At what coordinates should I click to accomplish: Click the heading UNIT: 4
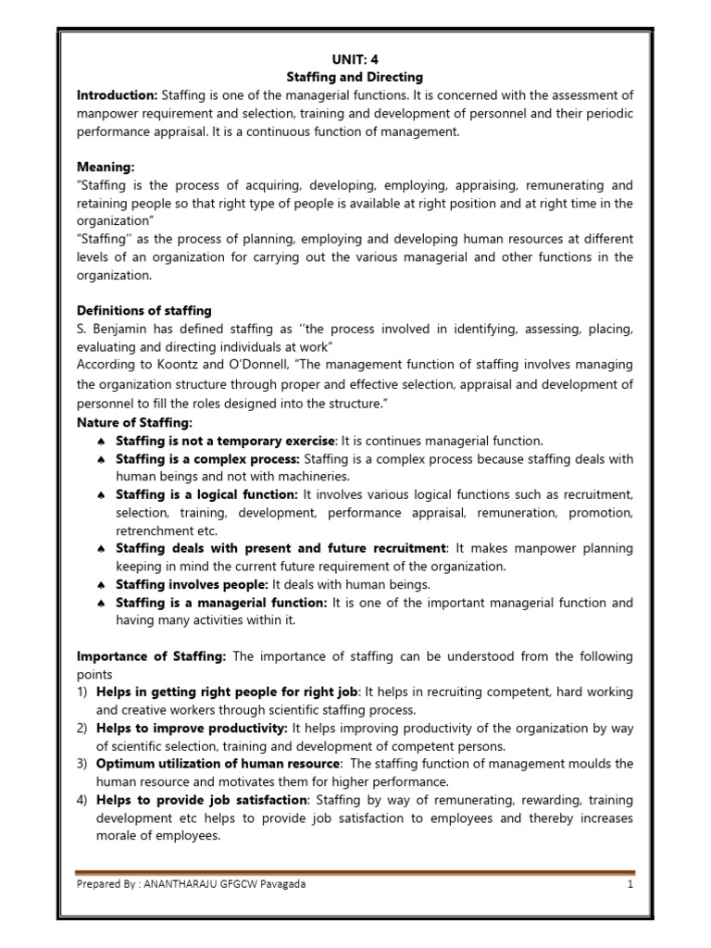click(x=355, y=58)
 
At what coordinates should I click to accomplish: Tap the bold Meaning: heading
click(x=106, y=167)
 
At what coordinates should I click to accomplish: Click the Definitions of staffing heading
click(x=143, y=310)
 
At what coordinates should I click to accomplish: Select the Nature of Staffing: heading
click(x=133, y=422)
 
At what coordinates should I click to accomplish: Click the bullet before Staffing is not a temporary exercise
click(x=101, y=441)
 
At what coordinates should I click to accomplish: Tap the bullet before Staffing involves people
click(x=101, y=585)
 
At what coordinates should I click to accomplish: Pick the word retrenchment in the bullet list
click(x=153, y=530)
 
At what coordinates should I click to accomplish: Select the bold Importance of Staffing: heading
click(x=151, y=656)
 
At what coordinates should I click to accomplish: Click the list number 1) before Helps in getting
click(x=82, y=692)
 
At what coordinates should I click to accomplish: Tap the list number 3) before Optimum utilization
click(x=82, y=764)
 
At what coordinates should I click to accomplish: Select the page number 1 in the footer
click(x=629, y=884)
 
